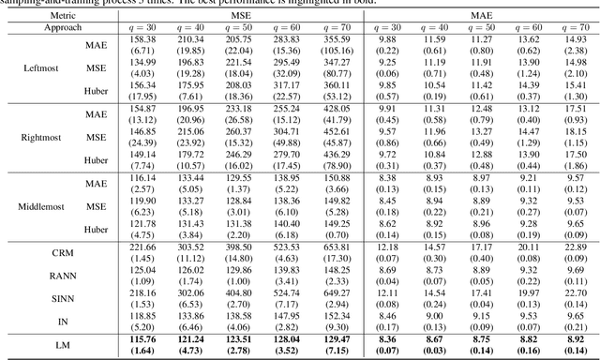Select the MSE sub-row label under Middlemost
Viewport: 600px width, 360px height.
coord(97,202)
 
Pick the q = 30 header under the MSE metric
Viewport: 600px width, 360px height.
coord(143,29)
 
